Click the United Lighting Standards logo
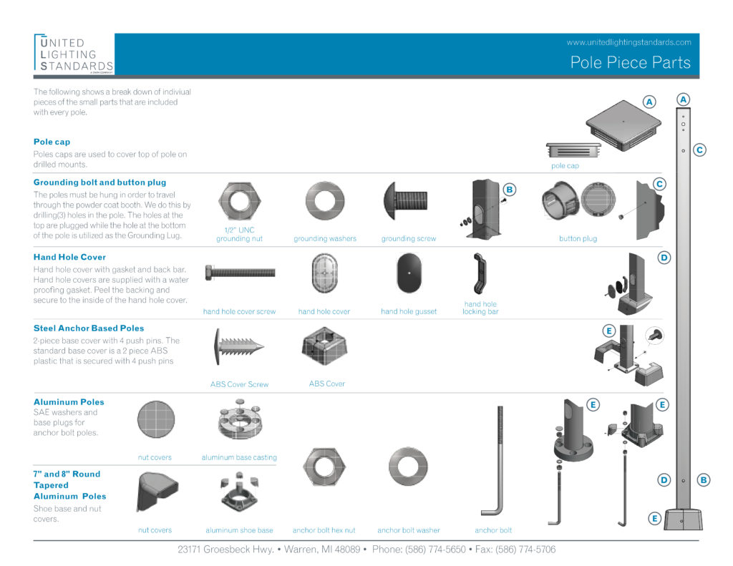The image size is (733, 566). click(x=73, y=54)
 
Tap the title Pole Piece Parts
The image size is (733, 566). click(x=630, y=62)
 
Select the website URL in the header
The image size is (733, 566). click(x=628, y=42)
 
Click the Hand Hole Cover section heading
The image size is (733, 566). click(x=69, y=257)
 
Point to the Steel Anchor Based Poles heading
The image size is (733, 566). click(x=89, y=328)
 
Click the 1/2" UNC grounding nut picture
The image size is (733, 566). click(x=238, y=203)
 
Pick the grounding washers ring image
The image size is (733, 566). click(x=324, y=203)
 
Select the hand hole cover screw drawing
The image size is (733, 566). click(x=239, y=273)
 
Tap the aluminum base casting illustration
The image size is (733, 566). click(x=239, y=424)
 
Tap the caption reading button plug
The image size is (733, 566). click(x=578, y=239)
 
